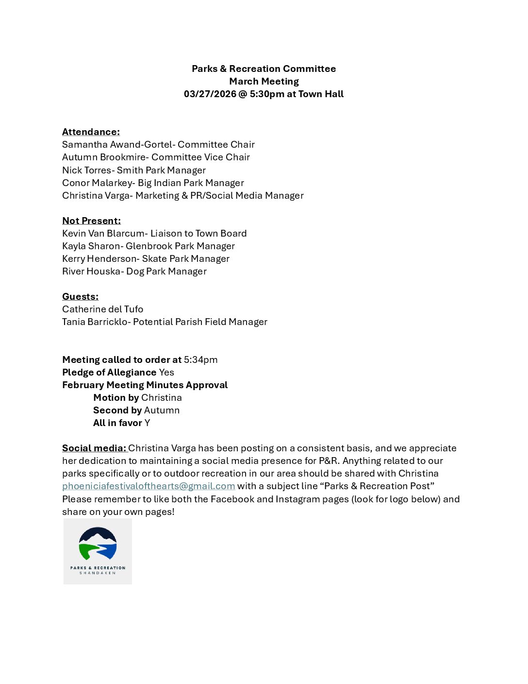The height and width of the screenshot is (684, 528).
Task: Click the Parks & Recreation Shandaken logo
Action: pyautogui.click(x=98, y=551)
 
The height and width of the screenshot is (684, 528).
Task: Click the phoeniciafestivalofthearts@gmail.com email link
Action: pyautogui.click(x=148, y=486)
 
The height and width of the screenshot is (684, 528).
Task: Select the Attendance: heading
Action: pyautogui.click(x=91, y=132)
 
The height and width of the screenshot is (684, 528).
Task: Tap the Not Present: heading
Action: pyautogui.click(x=91, y=221)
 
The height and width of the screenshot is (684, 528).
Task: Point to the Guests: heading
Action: pyautogui.click(x=80, y=296)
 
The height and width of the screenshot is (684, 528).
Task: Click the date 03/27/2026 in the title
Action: pyautogui.click(x=210, y=94)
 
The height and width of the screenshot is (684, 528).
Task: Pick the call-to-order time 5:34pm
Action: pyautogui.click(x=200, y=359)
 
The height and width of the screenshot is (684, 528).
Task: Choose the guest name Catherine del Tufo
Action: pyautogui.click(x=102, y=309)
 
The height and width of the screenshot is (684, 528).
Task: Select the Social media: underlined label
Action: pyautogui.click(x=94, y=448)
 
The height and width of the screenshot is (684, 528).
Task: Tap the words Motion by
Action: pyautogui.click(x=116, y=397)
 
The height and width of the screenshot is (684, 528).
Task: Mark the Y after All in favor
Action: pyautogui.click(x=147, y=423)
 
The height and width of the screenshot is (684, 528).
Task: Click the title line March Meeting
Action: pyautogui.click(x=264, y=81)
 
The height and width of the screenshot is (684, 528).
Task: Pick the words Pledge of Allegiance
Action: pyautogui.click(x=109, y=372)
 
